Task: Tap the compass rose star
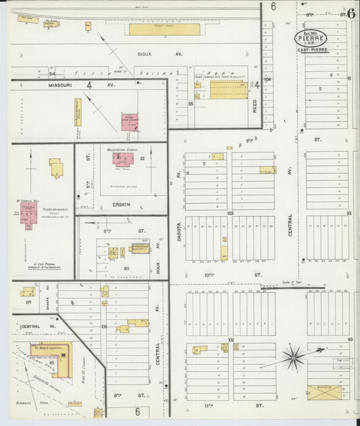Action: tap(294, 356)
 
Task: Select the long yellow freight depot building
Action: tap(164, 29)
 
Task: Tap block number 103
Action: tap(230, 212)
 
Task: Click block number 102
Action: tap(230, 340)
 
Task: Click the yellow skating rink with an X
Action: tap(324, 392)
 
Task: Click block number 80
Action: tap(126, 268)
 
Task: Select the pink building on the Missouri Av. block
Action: tap(130, 122)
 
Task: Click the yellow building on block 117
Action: tap(28, 292)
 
